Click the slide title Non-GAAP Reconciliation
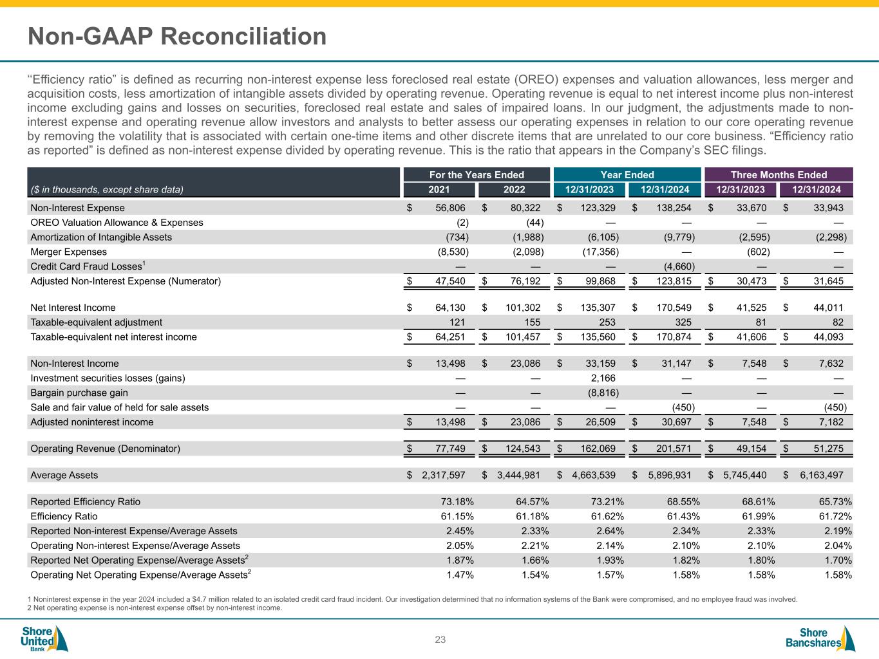pos(177,37)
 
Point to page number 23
pos(440,640)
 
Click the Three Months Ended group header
pos(779,174)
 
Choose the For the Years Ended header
pos(477,174)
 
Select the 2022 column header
pos(514,190)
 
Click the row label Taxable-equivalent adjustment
pos(97,322)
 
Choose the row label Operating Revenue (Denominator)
pos(106,449)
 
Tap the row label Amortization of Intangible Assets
pos(101,237)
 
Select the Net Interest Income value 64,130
pos(446,308)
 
